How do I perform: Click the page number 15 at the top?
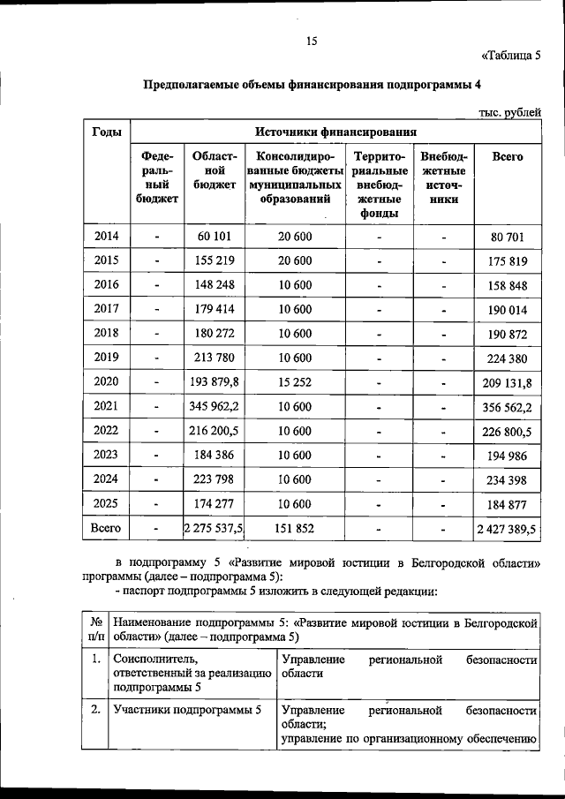(x=311, y=41)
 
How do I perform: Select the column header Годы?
(x=106, y=132)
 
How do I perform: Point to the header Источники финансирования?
(x=335, y=132)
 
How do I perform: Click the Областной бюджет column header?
(x=215, y=170)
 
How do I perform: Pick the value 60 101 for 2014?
(x=215, y=236)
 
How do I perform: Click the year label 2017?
(x=106, y=309)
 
